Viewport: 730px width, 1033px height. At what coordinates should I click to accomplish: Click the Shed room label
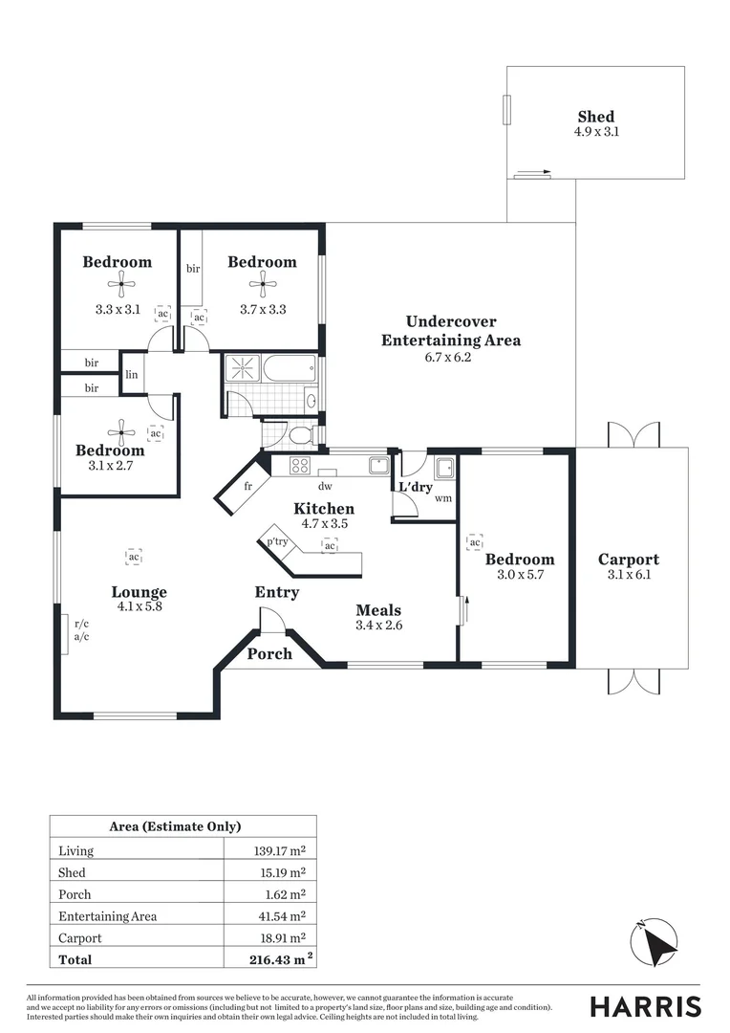pyautogui.click(x=595, y=117)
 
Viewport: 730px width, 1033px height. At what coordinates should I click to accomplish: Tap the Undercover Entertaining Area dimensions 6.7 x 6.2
pyautogui.click(x=449, y=358)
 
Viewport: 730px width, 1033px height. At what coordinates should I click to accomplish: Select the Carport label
pyautogui.click(x=628, y=560)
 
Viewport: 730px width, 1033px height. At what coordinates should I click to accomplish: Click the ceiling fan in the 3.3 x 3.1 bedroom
pyautogui.click(x=120, y=282)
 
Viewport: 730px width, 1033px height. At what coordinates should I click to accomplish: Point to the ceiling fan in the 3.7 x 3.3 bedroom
pyautogui.click(x=261, y=282)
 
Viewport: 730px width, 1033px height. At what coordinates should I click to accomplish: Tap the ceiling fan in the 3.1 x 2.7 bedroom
pyautogui.click(x=120, y=430)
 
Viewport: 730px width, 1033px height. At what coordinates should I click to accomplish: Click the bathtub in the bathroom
pyautogui.click(x=289, y=369)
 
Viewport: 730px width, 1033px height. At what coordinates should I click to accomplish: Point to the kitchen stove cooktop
pyautogui.click(x=299, y=466)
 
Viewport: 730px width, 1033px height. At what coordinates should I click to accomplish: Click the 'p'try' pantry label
pyautogui.click(x=277, y=540)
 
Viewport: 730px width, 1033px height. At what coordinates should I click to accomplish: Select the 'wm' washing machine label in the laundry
pyautogui.click(x=442, y=498)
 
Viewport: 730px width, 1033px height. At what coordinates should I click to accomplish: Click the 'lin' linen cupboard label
pyautogui.click(x=131, y=375)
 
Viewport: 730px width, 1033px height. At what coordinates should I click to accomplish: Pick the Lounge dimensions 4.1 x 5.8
pyautogui.click(x=139, y=605)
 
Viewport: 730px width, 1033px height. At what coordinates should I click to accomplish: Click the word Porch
pyautogui.click(x=269, y=654)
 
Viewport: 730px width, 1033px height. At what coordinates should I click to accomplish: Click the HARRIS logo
pyautogui.click(x=644, y=1006)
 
